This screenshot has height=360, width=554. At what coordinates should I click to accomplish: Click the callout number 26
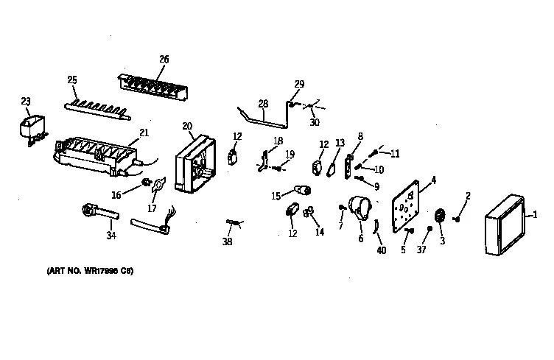coord(164,59)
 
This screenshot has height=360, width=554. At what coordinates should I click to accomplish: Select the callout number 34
coord(111,236)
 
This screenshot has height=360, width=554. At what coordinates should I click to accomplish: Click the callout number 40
coord(381,250)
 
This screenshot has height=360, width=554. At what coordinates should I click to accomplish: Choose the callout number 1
coord(536,213)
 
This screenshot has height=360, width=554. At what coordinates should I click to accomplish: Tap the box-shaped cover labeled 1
coord(504,226)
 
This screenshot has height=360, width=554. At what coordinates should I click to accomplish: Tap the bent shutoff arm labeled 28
coord(262,117)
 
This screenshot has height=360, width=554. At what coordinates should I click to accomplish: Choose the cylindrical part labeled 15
coord(301,191)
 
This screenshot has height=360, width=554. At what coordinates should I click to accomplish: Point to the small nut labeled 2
coord(458,218)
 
